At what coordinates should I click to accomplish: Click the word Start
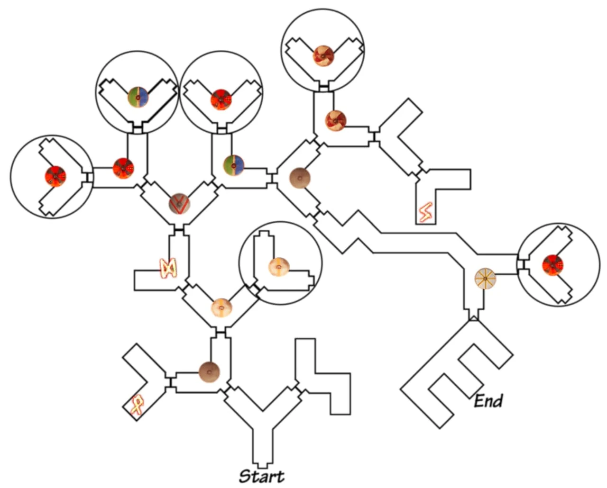[261, 476]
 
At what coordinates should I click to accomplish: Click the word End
[488, 401]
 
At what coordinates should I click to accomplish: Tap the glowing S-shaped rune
[425, 213]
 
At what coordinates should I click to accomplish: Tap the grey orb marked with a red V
[180, 204]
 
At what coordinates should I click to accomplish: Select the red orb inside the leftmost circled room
[55, 176]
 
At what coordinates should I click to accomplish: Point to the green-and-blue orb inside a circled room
[138, 97]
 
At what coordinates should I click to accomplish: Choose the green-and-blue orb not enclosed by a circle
[234, 164]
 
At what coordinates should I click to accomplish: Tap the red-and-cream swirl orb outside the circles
[335, 120]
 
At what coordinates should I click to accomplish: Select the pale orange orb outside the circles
[221, 308]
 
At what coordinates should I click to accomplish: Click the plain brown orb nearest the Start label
[209, 371]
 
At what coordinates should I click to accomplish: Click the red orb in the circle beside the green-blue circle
[221, 99]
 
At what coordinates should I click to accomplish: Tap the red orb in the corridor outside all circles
[123, 168]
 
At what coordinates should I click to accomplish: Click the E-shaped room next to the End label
[455, 374]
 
